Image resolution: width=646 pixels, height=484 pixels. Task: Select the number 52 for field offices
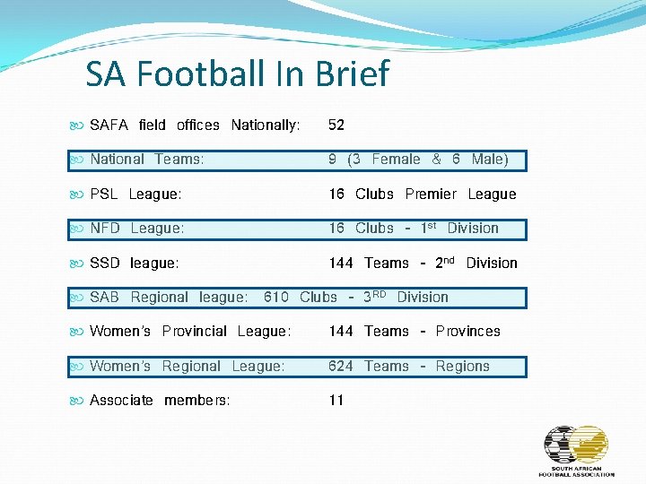(x=336, y=125)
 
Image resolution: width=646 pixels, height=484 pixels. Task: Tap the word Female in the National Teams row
(x=396, y=160)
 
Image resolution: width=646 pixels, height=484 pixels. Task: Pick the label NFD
(x=105, y=229)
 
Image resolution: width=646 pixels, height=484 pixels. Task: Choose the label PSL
(x=105, y=194)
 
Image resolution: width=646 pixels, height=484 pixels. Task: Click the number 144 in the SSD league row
(x=341, y=263)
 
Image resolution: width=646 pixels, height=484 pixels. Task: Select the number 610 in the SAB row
(x=276, y=297)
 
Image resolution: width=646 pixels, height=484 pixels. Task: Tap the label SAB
(x=104, y=297)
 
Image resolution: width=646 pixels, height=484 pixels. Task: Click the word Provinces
(x=467, y=332)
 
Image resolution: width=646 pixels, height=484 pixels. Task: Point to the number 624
(x=341, y=366)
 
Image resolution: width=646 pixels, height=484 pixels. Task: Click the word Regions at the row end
(x=462, y=366)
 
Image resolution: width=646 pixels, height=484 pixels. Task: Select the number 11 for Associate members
(x=336, y=400)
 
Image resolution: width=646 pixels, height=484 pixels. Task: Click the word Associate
(x=121, y=400)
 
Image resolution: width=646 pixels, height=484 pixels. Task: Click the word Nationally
(x=266, y=125)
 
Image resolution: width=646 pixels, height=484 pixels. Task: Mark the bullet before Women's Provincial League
(x=76, y=332)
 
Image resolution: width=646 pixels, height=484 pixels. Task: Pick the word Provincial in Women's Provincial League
(x=195, y=332)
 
